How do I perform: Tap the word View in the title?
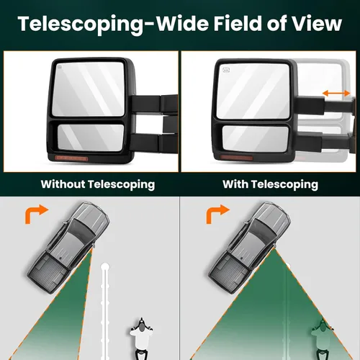[317, 24]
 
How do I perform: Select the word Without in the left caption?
[63, 184]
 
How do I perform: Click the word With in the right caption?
[235, 184]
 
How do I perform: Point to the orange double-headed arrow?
[336, 93]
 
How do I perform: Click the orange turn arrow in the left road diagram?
[36, 214]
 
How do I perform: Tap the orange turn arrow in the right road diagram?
[217, 214]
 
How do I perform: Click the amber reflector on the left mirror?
[71, 158]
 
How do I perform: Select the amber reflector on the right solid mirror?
[236, 158]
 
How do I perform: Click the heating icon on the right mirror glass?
[226, 70]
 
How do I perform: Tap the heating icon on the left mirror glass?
[60, 67]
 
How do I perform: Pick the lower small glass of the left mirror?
[91, 138]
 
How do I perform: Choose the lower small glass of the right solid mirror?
[256, 139]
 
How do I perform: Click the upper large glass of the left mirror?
[89, 89]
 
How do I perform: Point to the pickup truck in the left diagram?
[68, 248]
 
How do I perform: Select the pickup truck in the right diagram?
[250, 248]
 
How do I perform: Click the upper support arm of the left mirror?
[153, 104]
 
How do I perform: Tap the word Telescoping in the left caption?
[122, 185]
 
